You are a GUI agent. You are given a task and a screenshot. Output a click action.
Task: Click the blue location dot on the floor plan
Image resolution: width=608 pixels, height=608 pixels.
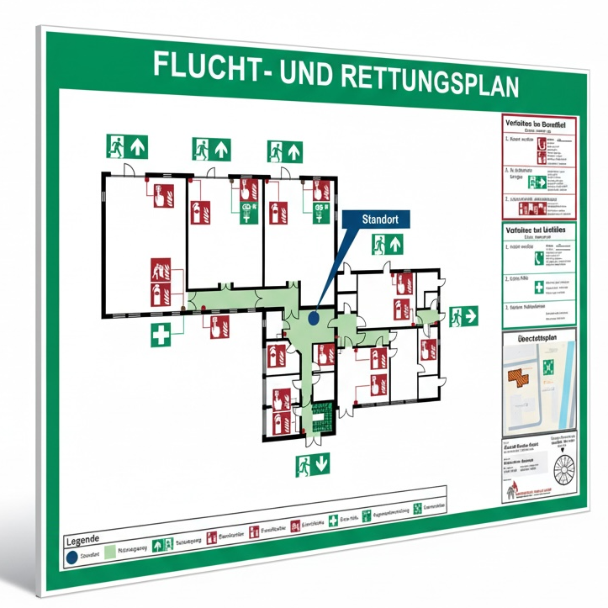[x=313, y=318]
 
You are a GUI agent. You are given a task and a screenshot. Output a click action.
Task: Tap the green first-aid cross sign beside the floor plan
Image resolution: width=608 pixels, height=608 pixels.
[x=161, y=334]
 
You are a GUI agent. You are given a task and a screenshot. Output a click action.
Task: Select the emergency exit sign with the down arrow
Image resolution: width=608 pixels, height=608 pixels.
[x=312, y=463]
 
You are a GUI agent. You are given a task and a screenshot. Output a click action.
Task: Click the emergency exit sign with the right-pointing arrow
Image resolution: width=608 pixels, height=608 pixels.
[x=463, y=316]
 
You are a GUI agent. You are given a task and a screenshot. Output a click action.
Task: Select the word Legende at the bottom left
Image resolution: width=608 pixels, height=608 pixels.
[x=82, y=539]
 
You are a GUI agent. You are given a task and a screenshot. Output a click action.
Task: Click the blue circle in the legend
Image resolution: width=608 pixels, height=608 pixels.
[x=71, y=556]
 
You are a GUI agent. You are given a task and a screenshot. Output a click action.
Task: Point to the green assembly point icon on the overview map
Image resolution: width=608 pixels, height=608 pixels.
[x=547, y=366]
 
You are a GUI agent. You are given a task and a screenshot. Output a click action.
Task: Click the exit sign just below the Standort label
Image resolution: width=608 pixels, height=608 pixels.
[x=389, y=245]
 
